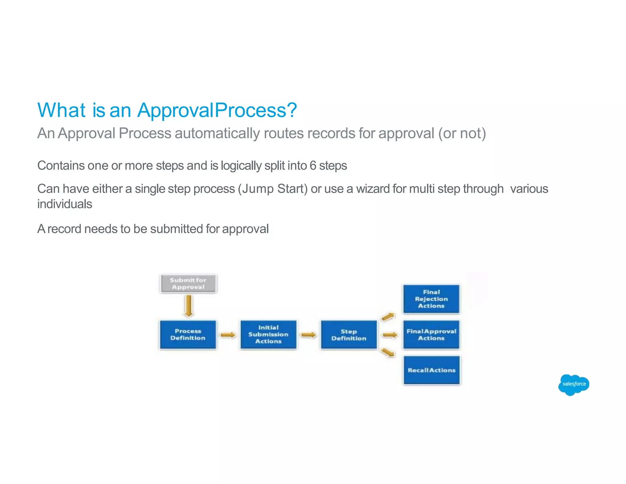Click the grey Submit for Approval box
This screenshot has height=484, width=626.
click(188, 284)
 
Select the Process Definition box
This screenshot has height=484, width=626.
click(188, 335)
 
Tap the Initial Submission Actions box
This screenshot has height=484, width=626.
click(268, 335)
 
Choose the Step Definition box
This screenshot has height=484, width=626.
click(349, 335)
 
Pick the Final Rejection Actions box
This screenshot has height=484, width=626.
click(431, 299)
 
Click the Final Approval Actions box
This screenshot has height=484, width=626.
click(431, 335)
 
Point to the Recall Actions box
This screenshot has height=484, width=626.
click(431, 370)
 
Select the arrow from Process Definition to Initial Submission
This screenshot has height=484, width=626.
click(228, 335)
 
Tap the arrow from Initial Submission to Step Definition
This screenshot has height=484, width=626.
click(309, 335)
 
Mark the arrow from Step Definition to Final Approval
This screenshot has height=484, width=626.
click(390, 335)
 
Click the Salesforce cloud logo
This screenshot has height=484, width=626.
click(573, 385)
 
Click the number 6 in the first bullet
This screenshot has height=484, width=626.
click(313, 166)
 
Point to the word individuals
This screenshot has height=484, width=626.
click(64, 204)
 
